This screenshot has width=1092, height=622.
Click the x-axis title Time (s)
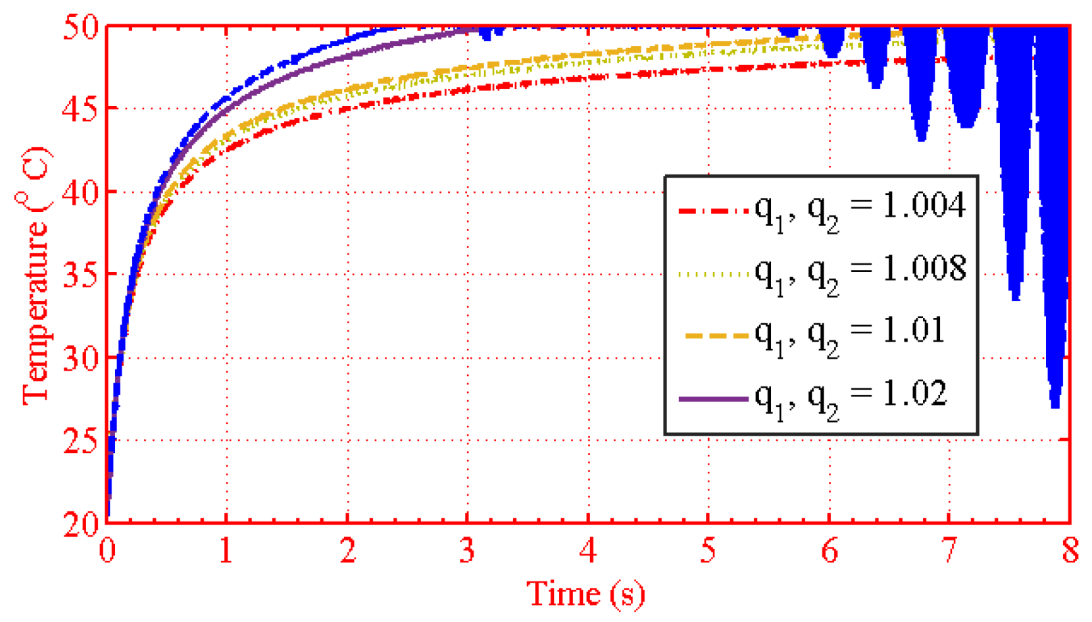[x=585, y=594]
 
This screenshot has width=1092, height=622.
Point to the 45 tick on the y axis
[x=81, y=108]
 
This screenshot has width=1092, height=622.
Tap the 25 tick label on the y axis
[x=81, y=440]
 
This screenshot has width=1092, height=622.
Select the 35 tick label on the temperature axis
[x=81, y=274]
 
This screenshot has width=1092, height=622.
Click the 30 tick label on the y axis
[x=81, y=357]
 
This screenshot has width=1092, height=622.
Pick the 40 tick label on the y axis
[x=81, y=192]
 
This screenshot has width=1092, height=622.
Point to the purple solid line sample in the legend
[x=714, y=399]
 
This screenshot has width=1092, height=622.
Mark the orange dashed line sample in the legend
[x=717, y=336]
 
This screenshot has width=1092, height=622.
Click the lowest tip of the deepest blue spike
[x=1055, y=407]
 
